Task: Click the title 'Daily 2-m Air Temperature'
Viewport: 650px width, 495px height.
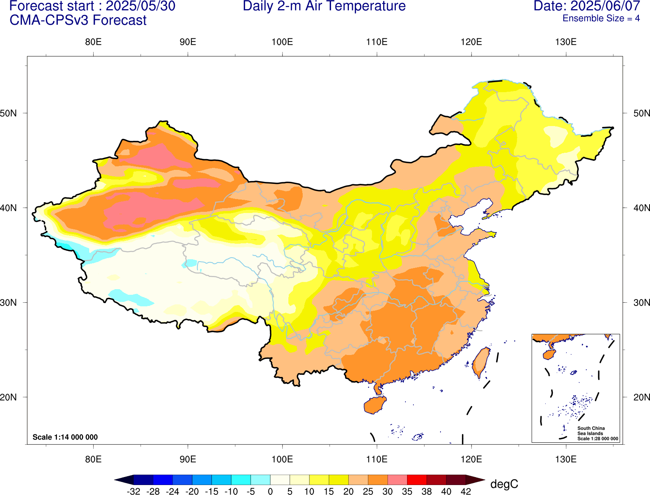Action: pos(324,6)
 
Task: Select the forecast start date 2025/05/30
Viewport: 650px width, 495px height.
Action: pos(140,6)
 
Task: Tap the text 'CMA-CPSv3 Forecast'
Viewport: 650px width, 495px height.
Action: pos(78,20)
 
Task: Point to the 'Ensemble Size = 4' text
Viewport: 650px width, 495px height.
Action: pos(601,18)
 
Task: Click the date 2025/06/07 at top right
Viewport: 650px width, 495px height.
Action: pos(605,6)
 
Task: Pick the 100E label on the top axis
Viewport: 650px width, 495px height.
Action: pos(282,42)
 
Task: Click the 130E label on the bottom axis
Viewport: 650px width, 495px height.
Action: pos(566,459)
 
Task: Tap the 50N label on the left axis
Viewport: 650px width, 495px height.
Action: pos(9,113)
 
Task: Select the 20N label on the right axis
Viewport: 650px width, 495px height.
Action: pos(641,397)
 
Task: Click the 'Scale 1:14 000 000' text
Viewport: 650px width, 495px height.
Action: pos(65,437)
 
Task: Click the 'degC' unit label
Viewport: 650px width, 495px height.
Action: pos(504,484)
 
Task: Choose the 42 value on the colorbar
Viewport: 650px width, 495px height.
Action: pos(466,491)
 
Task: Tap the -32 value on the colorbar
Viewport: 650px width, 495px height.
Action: pos(134,491)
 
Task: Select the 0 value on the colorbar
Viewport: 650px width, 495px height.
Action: pos(270,491)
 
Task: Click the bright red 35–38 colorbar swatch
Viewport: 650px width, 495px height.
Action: pos(417,480)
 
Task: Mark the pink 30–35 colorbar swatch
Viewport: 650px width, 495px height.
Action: pos(397,480)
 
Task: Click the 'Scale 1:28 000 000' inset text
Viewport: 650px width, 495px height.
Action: pos(598,439)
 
